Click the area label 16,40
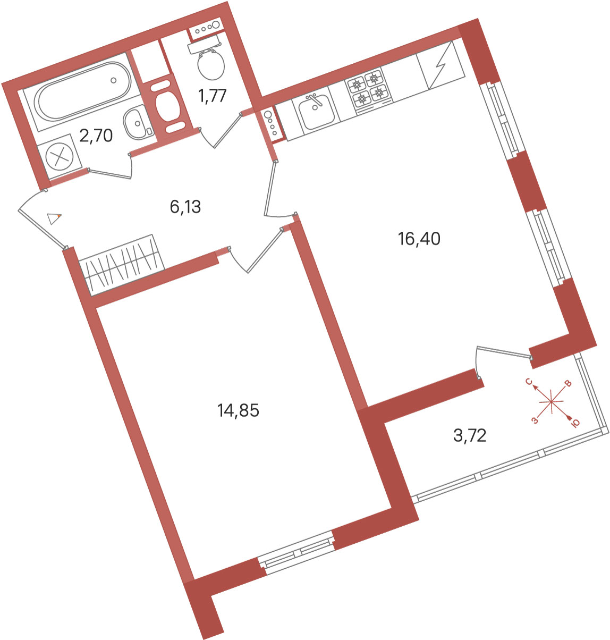(419, 239)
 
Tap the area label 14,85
(238, 410)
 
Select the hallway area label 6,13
(185, 207)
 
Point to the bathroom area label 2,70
(96, 136)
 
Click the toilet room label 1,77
(213, 96)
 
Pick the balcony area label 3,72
(470, 436)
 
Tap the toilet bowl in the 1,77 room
(210, 64)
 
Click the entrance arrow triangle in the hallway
(54, 218)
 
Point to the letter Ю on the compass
(574, 423)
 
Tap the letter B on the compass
(568, 384)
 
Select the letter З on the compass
(535, 421)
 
